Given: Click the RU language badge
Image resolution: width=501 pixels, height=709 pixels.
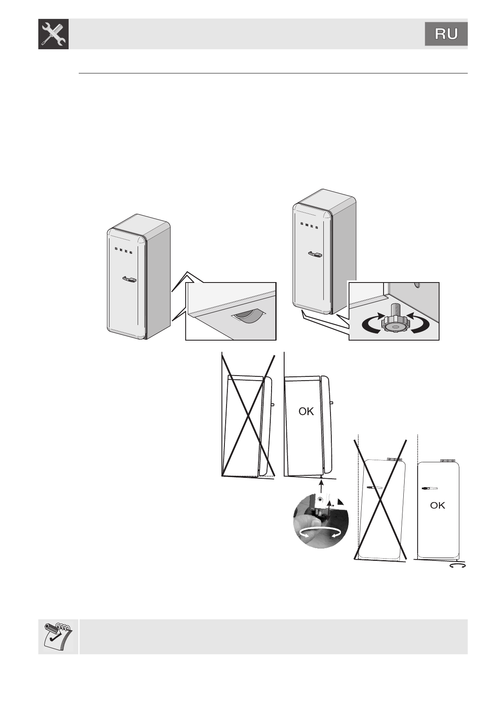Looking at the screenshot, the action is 446,34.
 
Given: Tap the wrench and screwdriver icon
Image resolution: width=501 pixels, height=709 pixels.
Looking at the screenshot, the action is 53,34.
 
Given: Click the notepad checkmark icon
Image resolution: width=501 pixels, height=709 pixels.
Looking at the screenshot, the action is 58,636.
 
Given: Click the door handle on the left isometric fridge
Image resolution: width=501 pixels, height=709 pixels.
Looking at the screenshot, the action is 129,279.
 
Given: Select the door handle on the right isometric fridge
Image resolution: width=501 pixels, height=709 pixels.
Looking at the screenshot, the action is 315,254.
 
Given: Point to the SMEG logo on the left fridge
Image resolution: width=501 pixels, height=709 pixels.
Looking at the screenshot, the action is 124,251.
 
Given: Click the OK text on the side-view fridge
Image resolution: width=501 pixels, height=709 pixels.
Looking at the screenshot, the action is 306,412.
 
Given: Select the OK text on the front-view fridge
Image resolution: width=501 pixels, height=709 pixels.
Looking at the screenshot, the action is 437,505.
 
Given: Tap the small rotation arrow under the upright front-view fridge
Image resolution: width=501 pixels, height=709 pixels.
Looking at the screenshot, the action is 458,566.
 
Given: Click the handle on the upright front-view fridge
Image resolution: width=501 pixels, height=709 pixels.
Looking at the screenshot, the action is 429,488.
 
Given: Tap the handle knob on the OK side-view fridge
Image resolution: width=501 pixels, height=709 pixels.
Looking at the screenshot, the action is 332,403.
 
